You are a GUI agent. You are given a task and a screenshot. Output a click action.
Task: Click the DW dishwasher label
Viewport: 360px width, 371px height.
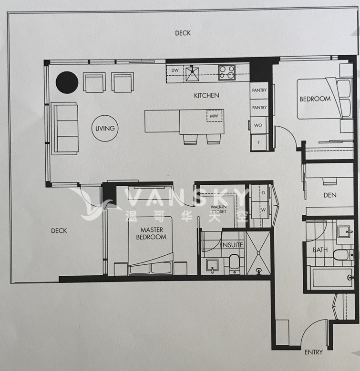coord(175,70)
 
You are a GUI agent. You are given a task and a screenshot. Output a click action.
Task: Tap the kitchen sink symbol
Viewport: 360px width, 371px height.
coord(192,74)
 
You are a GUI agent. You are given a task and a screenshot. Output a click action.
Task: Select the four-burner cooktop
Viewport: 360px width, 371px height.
coord(227,73)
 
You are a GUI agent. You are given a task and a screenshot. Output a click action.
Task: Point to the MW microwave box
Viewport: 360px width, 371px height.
coord(214,116)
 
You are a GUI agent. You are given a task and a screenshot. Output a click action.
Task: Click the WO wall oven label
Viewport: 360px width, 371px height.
coord(258,125)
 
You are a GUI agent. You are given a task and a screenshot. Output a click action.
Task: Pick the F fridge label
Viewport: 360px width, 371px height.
coord(258,142)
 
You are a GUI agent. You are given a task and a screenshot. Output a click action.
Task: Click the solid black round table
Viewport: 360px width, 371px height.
coord(67,82)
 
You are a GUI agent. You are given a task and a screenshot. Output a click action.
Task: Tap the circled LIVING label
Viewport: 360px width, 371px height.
coord(105,128)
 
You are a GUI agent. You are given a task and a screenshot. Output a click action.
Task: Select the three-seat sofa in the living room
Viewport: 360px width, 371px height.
coord(65,129)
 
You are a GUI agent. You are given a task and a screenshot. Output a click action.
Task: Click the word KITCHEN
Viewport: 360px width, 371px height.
coord(206,96)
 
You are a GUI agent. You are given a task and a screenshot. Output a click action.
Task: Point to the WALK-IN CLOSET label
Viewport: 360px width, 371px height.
coord(218,210)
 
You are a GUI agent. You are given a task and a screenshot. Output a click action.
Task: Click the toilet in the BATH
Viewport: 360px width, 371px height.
coord(343,255)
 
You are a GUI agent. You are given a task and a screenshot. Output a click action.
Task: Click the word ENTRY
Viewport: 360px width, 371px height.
coord(313,352)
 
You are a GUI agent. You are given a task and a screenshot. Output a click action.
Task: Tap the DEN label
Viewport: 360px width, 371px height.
coord(330,195)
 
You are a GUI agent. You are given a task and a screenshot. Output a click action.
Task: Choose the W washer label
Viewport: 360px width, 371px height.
coord(263,210)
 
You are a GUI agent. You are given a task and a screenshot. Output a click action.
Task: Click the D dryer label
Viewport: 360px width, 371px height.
coord(263,193)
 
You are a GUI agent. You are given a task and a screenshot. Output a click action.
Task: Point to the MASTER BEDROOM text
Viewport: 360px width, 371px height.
coord(151,233)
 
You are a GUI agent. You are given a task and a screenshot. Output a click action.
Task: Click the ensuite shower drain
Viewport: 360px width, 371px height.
coord(259,270)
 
